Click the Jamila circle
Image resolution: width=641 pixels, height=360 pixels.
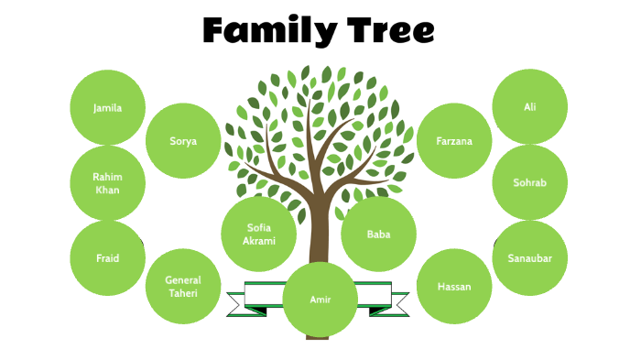point(108,107)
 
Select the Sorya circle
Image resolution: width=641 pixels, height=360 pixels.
point(183,141)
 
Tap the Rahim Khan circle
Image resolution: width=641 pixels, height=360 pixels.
point(108,183)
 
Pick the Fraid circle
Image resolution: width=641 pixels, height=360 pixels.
point(108,258)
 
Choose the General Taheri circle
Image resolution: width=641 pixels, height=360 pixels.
point(183,287)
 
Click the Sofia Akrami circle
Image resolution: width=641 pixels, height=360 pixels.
point(259,235)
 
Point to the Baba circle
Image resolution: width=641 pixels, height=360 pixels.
point(378,235)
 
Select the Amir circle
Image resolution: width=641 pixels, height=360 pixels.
point(320,300)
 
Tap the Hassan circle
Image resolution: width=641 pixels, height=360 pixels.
point(454,287)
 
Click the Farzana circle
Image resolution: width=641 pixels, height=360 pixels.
point(454,141)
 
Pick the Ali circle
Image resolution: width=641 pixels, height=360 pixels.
point(529,107)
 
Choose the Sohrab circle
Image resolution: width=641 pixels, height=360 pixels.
point(529,182)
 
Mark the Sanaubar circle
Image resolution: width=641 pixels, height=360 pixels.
point(529,257)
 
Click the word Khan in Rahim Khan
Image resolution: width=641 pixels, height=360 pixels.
point(108,191)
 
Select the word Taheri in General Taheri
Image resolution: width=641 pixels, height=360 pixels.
point(183,293)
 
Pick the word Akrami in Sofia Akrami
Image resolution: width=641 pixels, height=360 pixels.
point(259,241)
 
